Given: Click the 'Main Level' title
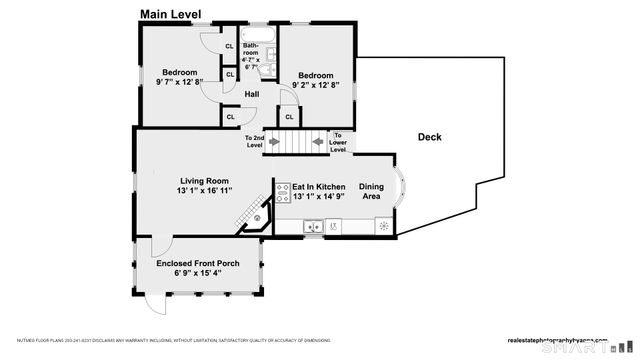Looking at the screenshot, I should click(x=170, y=14).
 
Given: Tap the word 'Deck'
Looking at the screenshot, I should click(x=429, y=137).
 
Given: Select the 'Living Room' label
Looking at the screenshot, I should click(x=205, y=181).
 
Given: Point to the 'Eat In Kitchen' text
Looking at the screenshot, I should click(x=318, y=187).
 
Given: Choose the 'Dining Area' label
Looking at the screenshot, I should click(x=371, y=191).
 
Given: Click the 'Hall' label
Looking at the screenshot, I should click(x=252, y=95).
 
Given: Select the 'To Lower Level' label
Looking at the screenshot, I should click(x=338, y=142).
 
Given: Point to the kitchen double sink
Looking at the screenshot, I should click(x=313, y=227).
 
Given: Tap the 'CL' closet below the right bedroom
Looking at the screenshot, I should click(x=289, y=117).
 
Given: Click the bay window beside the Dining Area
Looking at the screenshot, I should click(x=398, y=193).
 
